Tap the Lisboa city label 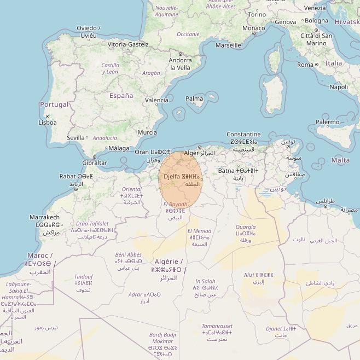[48, 123]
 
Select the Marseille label [228, 45]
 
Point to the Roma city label [305, 65]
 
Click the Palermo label [327, 122]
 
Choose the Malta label [341, 160]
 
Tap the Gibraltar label [95, 163]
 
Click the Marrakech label [44, 217]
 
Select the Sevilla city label [76, 138]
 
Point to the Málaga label [119, 148]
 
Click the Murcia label [147, 132]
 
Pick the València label [156, 100]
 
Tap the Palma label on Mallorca [194, 99]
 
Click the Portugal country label [55, 104]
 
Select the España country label [121, 96]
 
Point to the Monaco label [253, 28]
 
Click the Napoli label [339, 87]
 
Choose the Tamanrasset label [217, 326]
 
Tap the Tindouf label [84, 276]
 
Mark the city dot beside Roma [317, 65]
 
